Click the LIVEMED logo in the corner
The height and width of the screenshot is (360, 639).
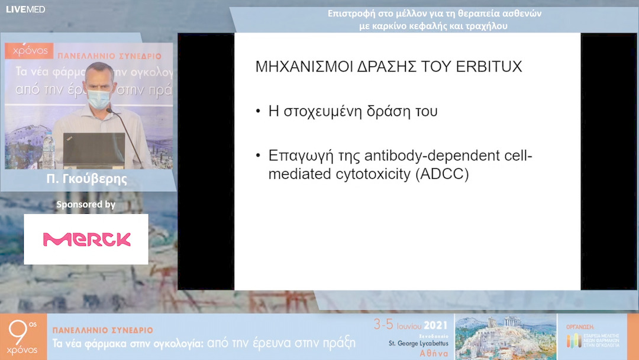[25, 9]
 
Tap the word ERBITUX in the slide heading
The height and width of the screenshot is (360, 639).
[490, 66]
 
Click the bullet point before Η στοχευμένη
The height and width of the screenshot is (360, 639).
[258, 111]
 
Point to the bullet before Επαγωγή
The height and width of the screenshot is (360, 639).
[258, 156]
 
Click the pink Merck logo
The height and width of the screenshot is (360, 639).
[86, 239]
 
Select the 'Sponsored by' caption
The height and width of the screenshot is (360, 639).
[86, 204]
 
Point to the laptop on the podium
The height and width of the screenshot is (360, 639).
[93, 150]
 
